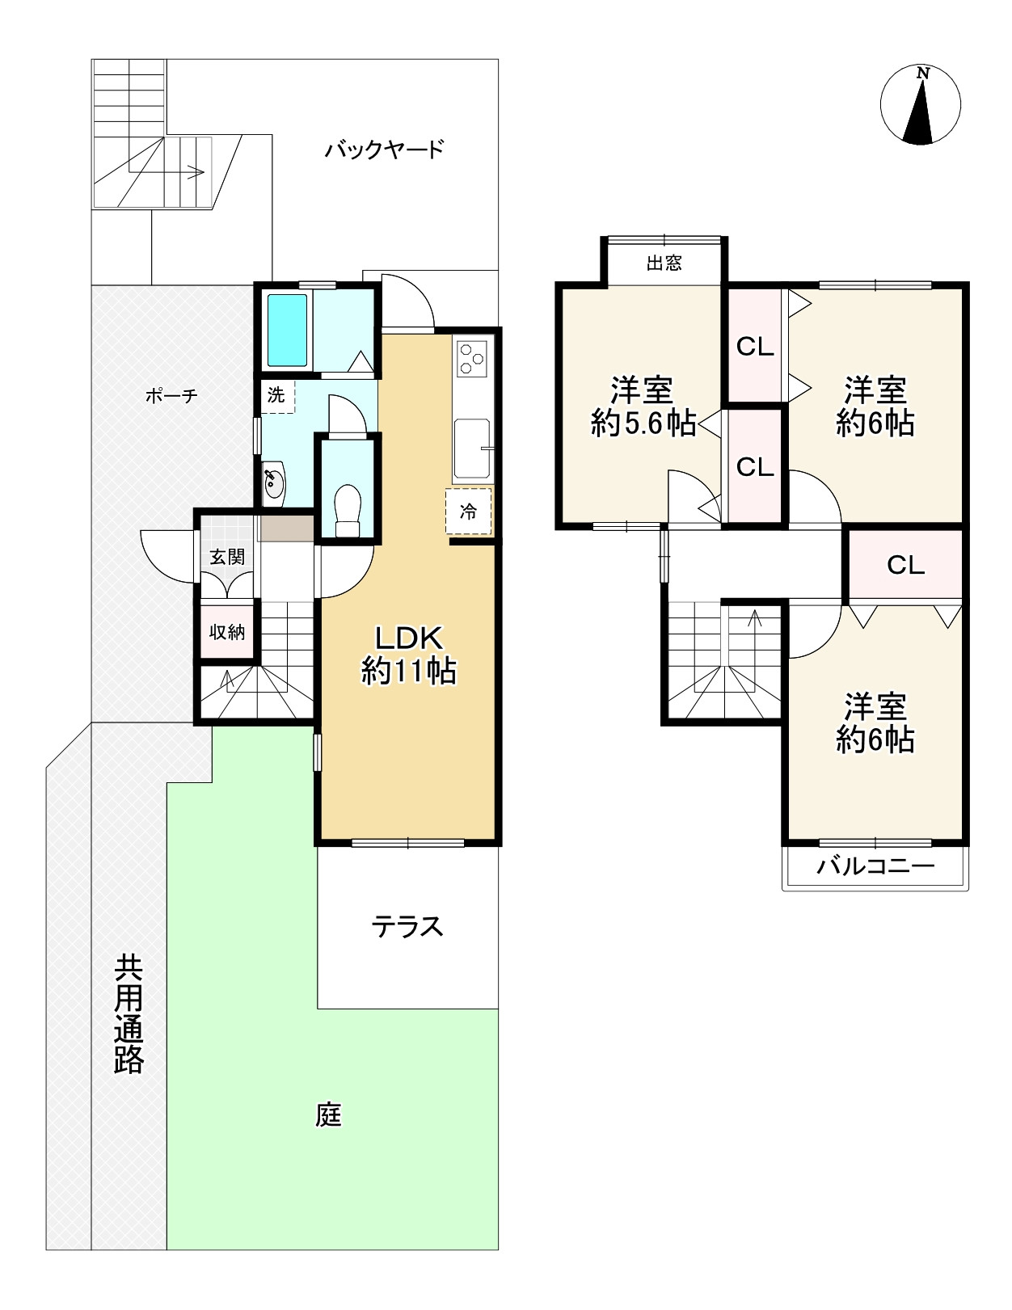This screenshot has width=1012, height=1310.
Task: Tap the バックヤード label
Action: click(385, 149)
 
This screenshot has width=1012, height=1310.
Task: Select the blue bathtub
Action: click(287, 330)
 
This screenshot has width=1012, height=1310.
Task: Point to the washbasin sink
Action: click(274, 481)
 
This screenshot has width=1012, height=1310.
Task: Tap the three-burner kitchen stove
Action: click(472, 359)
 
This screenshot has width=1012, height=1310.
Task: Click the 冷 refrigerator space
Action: click(468, 512)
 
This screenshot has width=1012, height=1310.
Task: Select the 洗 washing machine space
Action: click(277, 396)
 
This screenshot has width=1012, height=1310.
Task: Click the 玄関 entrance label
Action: click(227, 557)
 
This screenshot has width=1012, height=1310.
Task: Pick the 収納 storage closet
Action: click(226, 631)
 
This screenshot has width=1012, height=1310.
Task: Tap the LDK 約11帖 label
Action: click(409, 655)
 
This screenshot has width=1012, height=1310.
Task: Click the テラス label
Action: click(407, 927)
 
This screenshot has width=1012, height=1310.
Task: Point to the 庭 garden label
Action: click(328, 1115)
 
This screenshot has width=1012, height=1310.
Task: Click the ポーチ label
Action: click(171, 396)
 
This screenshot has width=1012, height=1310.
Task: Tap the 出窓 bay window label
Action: click(664, 263)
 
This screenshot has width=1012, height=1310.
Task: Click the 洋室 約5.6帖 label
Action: click(643, 406)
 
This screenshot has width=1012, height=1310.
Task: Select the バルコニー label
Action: click(875, 866)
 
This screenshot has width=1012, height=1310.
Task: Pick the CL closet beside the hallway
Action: click(905, 566)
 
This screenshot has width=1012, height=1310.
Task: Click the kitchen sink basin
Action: click(472, 449)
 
